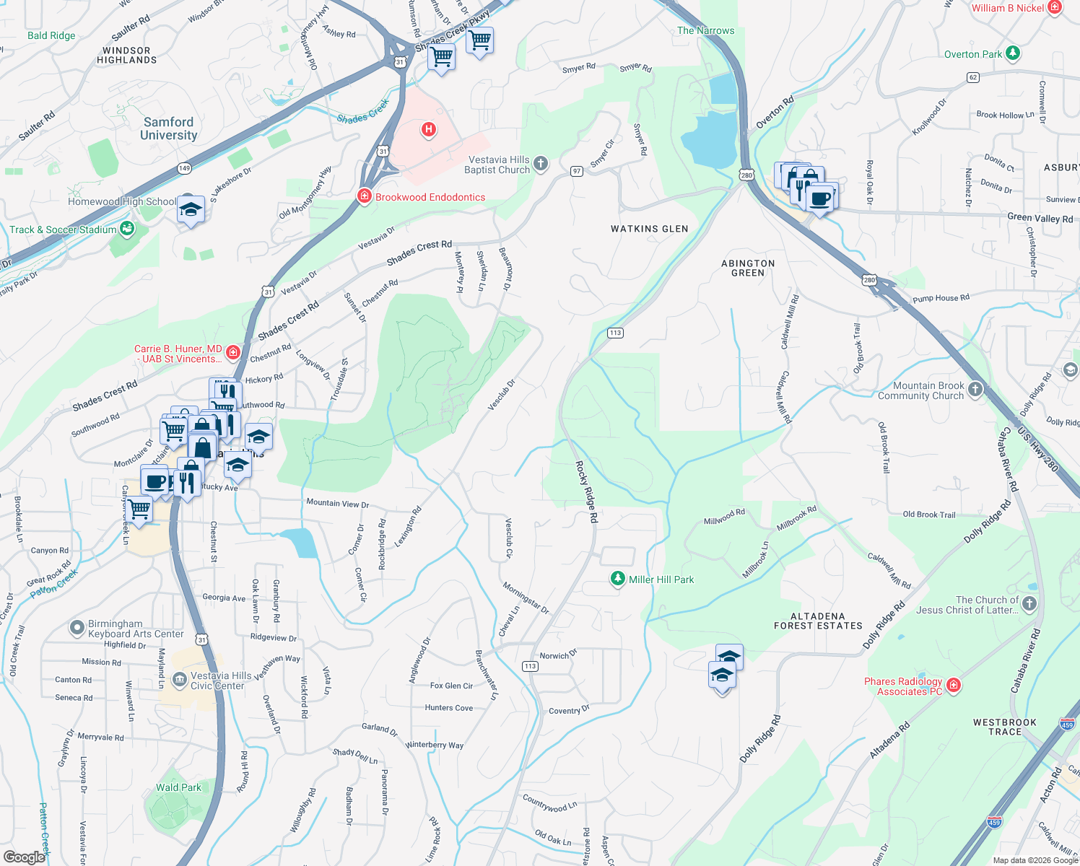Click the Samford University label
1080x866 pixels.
(x=168, y=128)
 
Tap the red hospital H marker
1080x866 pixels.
(x=429, y=129)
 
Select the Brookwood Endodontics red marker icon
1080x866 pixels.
(x=365, y=196)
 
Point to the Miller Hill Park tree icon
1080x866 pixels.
(x=617, y=579)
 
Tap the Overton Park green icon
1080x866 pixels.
(x=1013, y=53)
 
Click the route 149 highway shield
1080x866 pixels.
(x=184, y=169)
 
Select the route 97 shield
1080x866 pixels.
(x=576, y=171)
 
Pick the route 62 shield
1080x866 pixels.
(x=973, y=77)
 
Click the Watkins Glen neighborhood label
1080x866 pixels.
(x=649, y=229)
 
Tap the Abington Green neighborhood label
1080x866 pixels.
(x=748, y=268)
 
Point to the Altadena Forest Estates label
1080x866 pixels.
(x=817, y=621)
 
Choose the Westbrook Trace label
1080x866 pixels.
(x=1004, y=727)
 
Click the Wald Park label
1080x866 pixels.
(x=178, y=787)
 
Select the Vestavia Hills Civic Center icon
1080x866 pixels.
(x=179, y=680)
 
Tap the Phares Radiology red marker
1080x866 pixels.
(x=954, y=685)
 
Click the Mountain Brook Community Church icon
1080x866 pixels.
(x=975, y=390)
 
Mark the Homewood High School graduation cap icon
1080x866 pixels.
(x=190, y=209)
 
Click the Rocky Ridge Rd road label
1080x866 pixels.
(x=586, y=491)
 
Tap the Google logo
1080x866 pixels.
(x=25, y=857)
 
